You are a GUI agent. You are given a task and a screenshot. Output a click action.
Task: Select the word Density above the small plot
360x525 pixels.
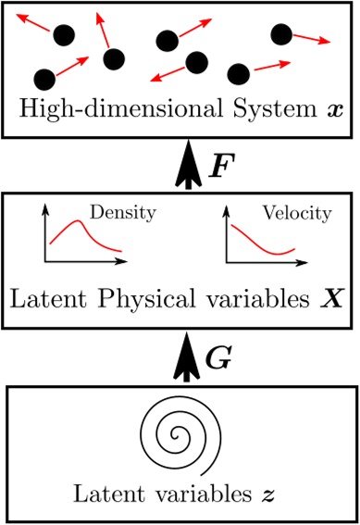click(130, 213)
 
